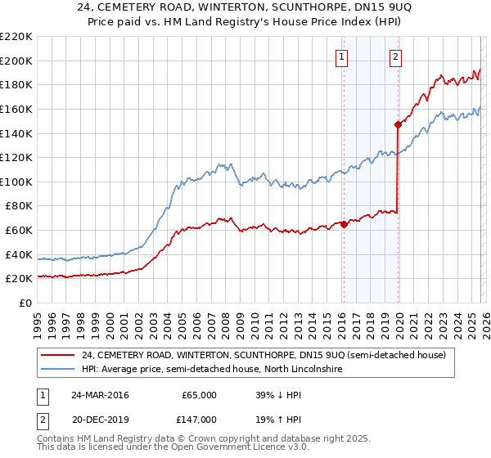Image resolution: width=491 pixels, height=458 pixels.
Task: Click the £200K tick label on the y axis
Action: (x=16, y=61)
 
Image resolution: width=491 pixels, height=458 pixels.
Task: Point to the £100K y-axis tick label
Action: (x=16, y=182)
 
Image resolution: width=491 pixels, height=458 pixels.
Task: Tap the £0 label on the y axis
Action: (x=24, y=303)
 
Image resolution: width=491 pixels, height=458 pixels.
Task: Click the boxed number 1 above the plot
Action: (x=341, y=56)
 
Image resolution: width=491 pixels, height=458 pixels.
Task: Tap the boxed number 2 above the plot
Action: (x=396, y=56)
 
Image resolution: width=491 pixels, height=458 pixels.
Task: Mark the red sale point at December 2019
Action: (x=398, y=125)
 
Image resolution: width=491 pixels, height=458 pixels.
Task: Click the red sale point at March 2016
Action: (x=344, y=224)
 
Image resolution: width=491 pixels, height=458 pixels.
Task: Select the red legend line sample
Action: (x=58, y=355)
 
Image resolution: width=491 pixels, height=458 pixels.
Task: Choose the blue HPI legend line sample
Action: (x=58, y=370)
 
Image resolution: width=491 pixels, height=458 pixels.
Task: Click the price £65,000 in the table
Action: (x=199, y=395)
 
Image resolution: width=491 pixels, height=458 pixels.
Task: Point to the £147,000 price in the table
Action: (x=199, y=419)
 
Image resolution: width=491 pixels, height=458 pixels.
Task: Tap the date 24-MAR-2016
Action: (x=95, y=395)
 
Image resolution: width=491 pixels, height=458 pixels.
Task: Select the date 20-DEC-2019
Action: (x=95, y=419)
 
